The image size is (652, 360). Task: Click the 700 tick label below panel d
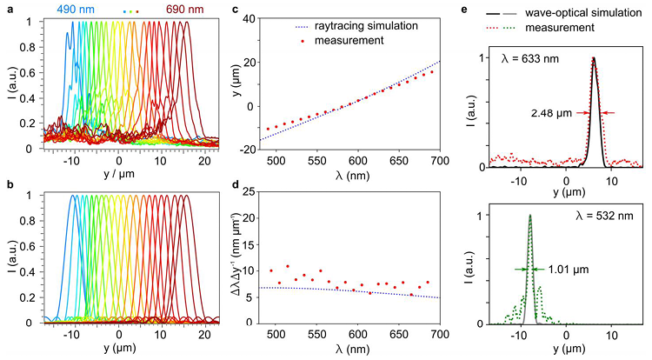click(x=439, y=336)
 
